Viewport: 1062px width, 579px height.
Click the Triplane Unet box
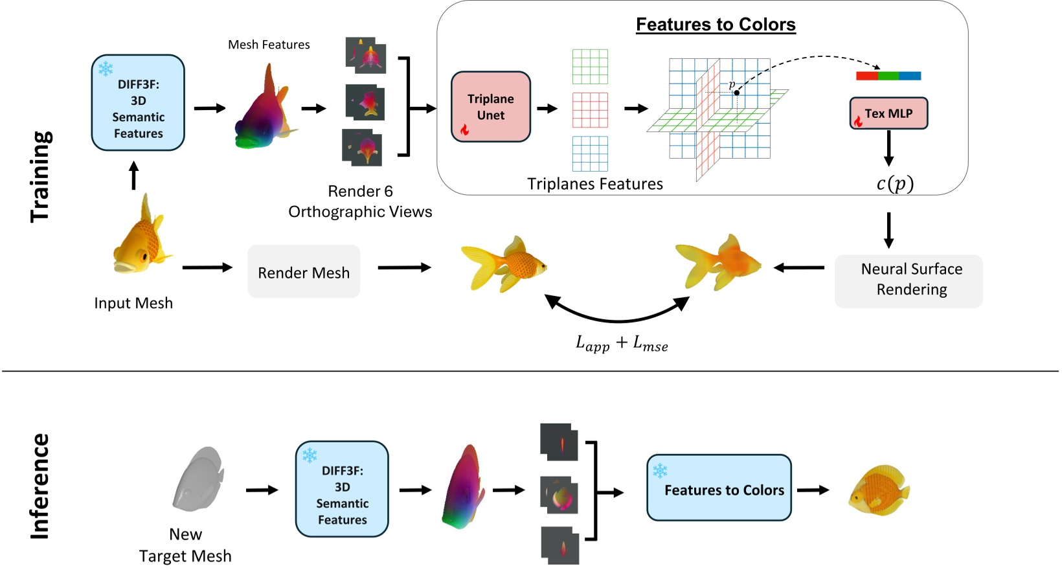[x=490, y=107]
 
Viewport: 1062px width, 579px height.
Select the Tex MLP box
[x=888, y=113]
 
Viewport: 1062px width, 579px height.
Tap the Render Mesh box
[x=304, y=272]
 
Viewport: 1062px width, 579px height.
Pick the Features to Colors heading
[x=716, y=25]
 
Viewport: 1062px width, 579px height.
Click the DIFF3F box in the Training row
[x=138, y=103]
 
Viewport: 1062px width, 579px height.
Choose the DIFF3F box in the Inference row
[x=342, y=489]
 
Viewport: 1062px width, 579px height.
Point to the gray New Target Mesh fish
[x=198, y=479]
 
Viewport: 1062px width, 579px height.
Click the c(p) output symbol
[x=895, y=184]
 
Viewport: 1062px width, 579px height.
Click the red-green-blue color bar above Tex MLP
[x=888, y=76]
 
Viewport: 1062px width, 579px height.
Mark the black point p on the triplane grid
[x=737, y=93]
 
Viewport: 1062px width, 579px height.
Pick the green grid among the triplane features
[x=590, y=66]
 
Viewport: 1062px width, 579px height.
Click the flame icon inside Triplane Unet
[x=464, y=130]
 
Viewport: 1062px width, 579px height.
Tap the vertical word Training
[x=40, y=176]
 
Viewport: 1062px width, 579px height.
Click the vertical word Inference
[x=40, y=486]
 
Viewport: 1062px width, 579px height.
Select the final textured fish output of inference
[x=879, y=490]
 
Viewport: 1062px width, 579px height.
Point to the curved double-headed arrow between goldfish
[x=618, y=317]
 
